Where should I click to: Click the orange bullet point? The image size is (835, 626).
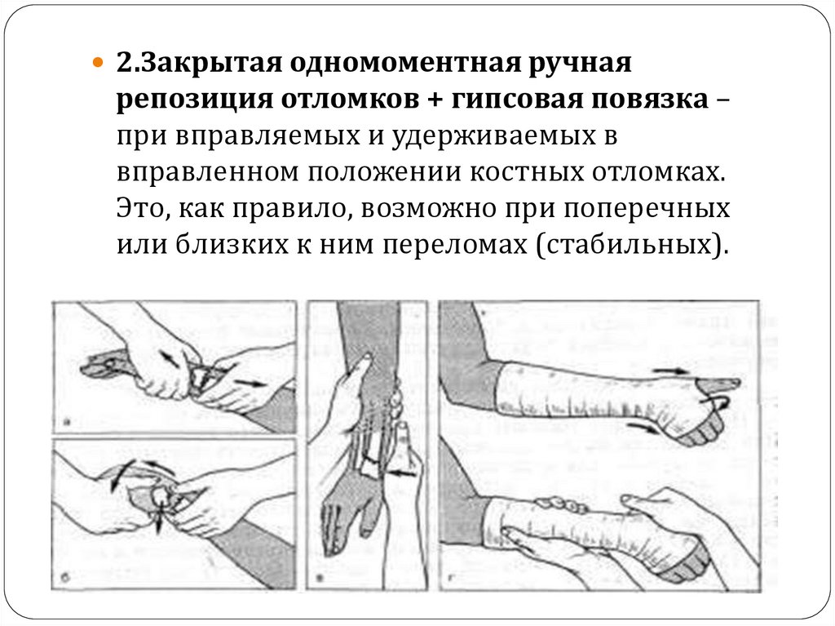coord(97,63)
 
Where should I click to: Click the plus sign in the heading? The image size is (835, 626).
coord(435,100)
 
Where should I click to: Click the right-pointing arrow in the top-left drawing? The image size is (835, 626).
coord(250,382)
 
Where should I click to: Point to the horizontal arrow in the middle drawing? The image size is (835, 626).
coord(404,473)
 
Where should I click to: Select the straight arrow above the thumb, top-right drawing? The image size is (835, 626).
coord(671,371)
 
